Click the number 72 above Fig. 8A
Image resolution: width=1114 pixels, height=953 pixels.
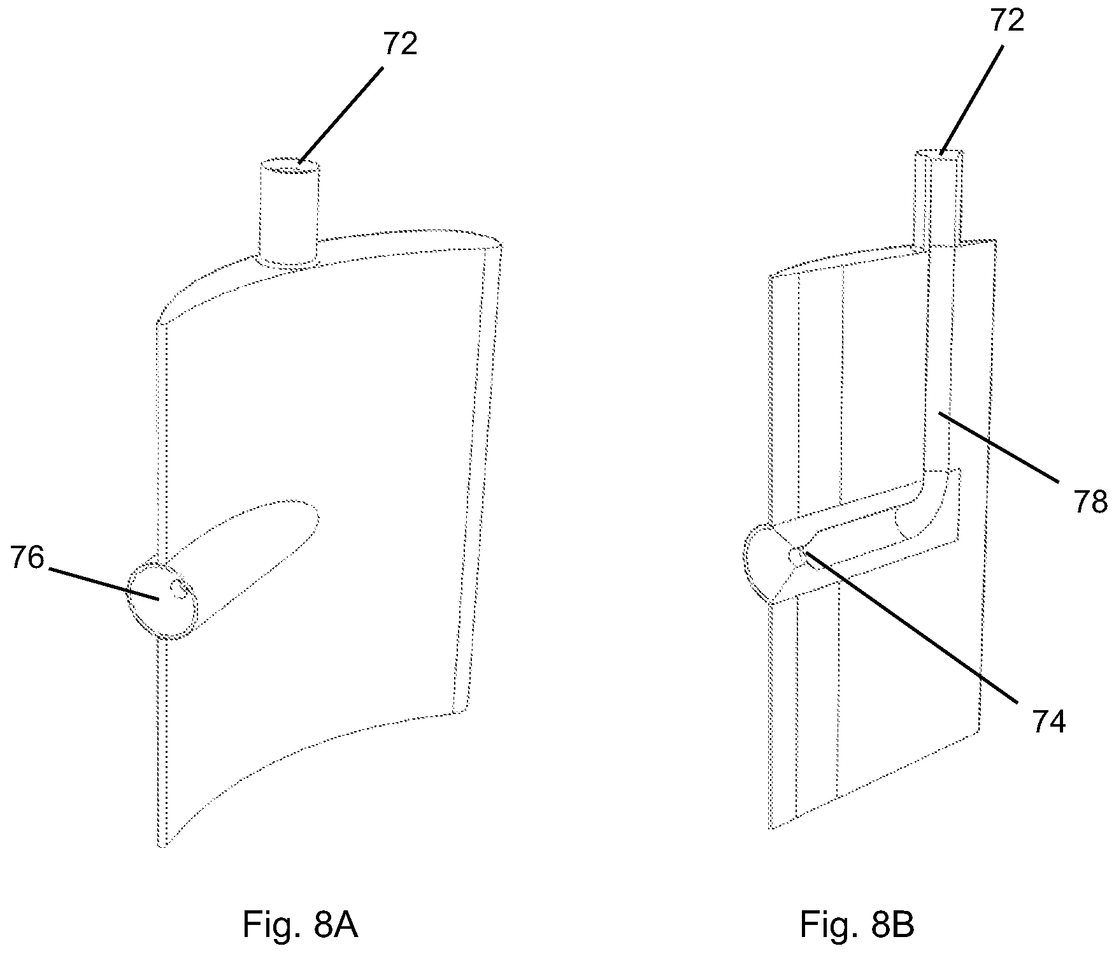[400, 43]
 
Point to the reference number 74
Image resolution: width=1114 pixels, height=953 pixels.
[1047, 722]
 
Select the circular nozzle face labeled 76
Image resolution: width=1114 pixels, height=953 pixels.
[162, 599]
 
